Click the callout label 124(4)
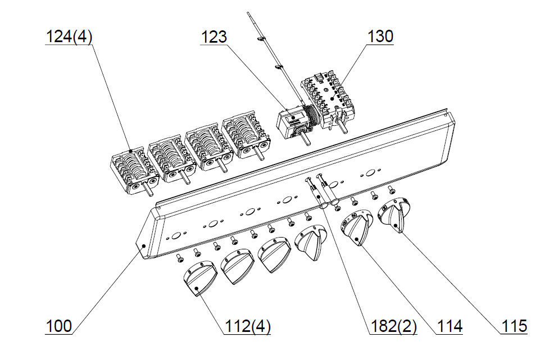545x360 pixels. point(69,37)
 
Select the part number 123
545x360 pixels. point(214,37)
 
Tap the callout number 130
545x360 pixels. point(380,36)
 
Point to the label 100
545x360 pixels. point(59,326)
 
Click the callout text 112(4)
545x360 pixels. point(247,326)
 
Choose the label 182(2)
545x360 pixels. point(393,326)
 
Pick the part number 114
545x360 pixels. point(449,326)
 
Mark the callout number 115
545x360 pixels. point(514,326)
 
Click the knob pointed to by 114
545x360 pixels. point(357,227)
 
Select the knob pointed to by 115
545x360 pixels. point(394,215)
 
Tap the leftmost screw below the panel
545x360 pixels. point(180,258)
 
